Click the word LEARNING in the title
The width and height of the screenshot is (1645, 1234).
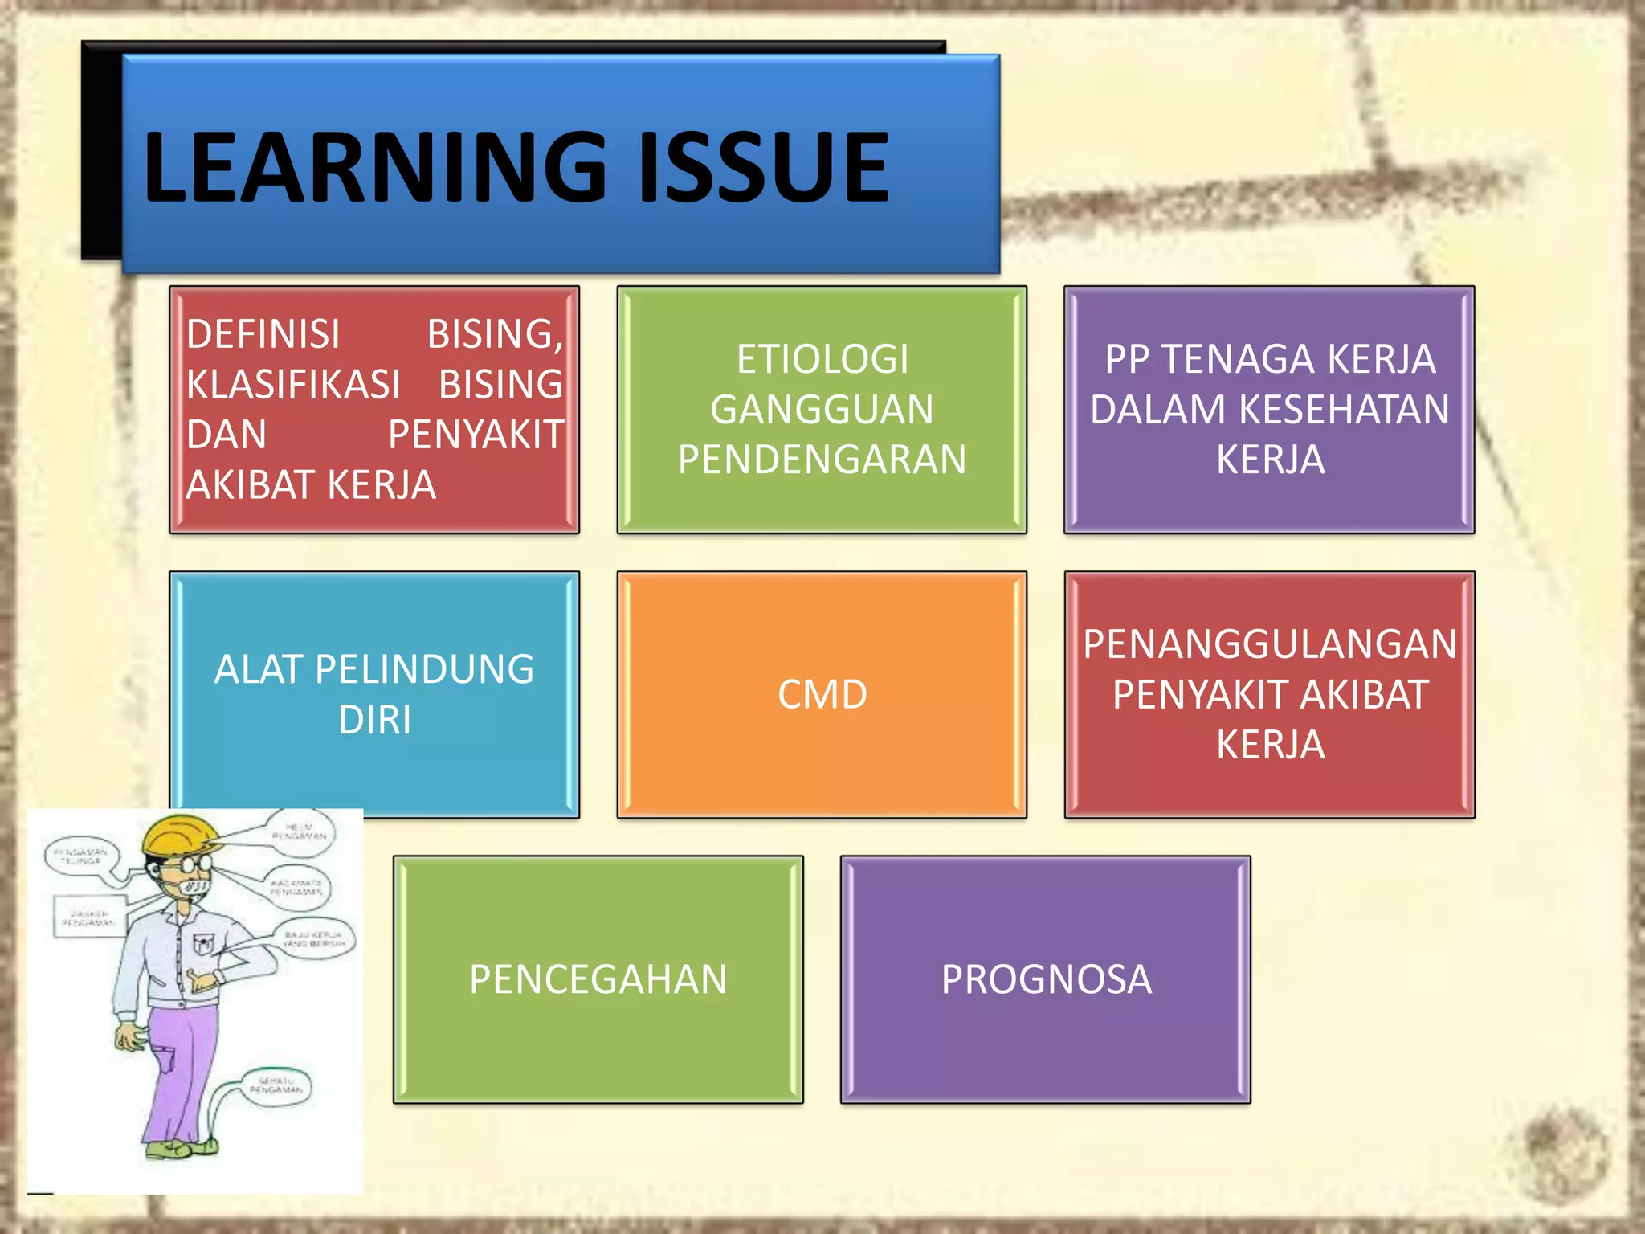(x=374, y=167)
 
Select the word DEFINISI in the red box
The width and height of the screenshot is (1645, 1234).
(x=263, y=334)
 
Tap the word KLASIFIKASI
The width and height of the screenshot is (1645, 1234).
(x=293, y=384)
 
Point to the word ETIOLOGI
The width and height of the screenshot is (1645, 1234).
(x=822, y=359)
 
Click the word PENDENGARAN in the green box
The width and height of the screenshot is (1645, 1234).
(x=822, y=460)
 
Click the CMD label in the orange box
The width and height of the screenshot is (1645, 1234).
(x=822, y=694)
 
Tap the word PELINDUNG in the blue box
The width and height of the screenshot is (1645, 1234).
(x=424, y=669)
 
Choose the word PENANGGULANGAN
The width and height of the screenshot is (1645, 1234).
(x=1269, y=644)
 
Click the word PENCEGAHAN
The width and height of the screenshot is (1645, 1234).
(x=598, y=979)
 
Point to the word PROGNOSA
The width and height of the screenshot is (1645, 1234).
(x=1046, y=979)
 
